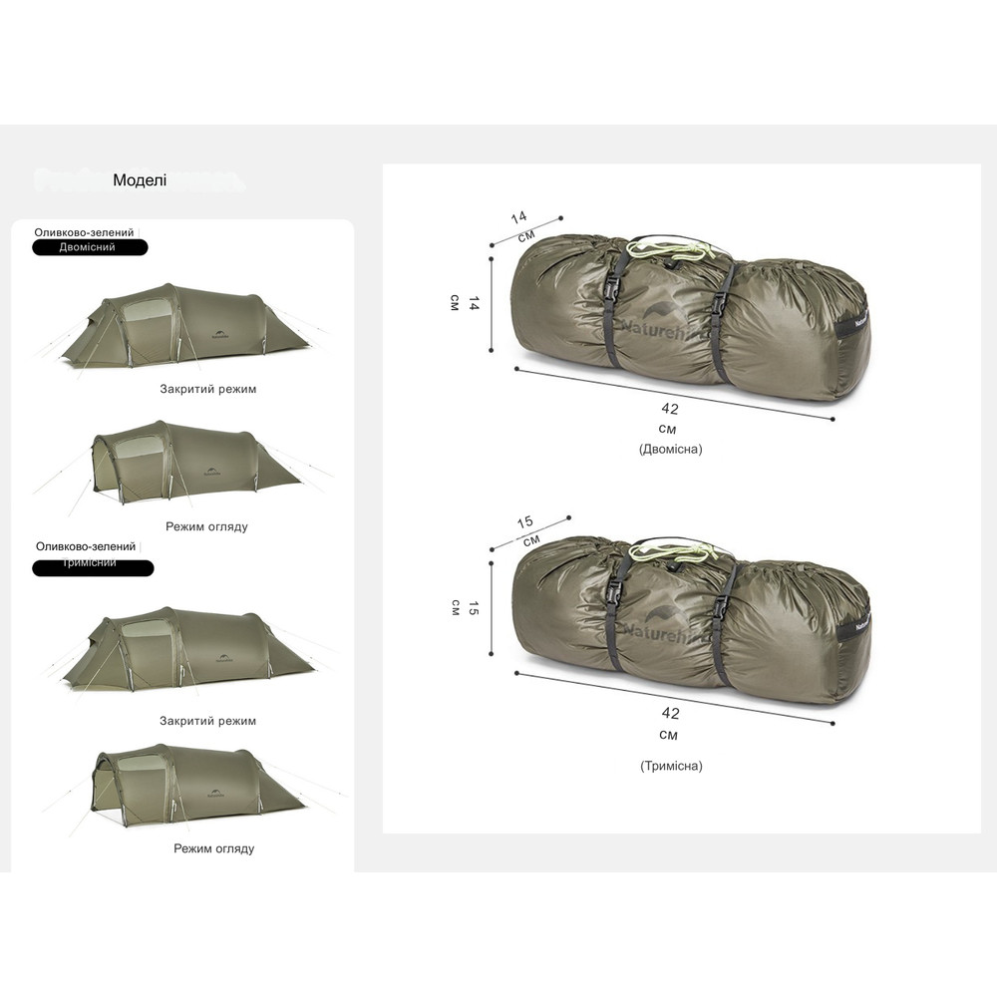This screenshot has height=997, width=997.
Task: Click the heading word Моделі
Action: click(140, 180)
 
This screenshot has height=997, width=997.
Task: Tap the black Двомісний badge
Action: click(90, 247)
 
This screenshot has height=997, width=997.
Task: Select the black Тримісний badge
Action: click(93, 567)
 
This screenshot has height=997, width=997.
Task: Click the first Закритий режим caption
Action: click(207, 389)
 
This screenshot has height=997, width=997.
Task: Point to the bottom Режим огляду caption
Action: click(213, 848)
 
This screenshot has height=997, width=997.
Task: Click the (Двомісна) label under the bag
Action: click(670, 449)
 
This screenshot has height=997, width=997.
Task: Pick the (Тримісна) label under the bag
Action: click(671, 766)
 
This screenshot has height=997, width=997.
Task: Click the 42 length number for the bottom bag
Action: click(670, 713)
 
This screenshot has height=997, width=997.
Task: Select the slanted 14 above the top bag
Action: click(518, 217)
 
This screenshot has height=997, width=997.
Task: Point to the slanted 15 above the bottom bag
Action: click(525, 521)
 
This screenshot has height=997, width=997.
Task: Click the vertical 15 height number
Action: click(475, 608)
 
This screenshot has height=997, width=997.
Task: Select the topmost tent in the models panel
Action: click(179, 324)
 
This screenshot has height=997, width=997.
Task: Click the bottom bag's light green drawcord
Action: click(688, 554)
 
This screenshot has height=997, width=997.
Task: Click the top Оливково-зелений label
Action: click(84, 231)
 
